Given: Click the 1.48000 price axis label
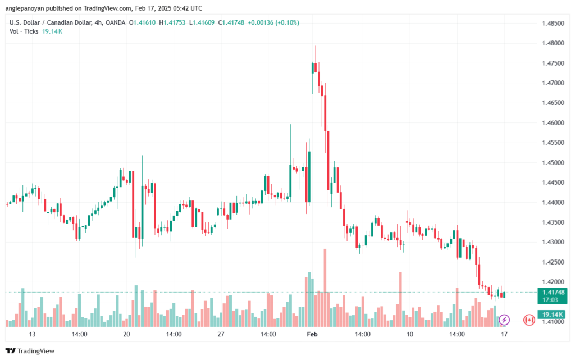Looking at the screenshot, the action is [553, 43].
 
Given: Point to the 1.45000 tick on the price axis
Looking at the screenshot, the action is [553, 163].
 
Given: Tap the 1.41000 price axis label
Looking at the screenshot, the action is [553, 322].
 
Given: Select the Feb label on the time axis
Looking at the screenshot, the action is [312, 334].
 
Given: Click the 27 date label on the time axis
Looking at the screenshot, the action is [221, 334].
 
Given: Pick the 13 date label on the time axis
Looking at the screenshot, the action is [32, 334].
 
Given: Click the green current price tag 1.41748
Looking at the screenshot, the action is [553, 296].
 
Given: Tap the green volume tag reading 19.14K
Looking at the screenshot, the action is [553, 315].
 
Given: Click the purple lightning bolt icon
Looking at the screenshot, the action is [504, 320].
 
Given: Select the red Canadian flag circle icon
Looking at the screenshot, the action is [529, 320].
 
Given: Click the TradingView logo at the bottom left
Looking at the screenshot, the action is [30, 351].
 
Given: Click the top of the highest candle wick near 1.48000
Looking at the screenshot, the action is [316, 46].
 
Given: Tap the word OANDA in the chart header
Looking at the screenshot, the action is [116, 22].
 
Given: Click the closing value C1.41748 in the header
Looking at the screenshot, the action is [231, 22].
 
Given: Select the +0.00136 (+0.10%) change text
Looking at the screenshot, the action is [273, 22].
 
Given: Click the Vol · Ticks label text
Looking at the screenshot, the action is [24, 31].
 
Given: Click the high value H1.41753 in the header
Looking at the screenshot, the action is [172, 22].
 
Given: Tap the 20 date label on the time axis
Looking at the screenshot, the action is [126, 334].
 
